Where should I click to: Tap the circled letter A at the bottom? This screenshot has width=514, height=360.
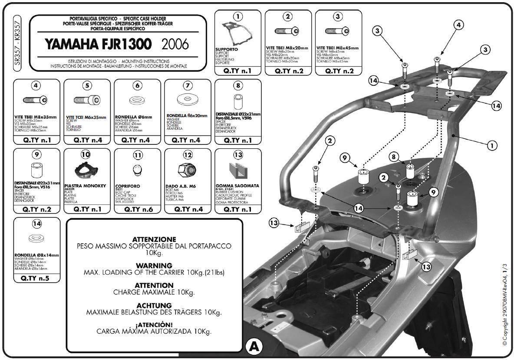click(x=254, y=347)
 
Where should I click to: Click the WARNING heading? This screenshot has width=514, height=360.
click(x=154, y=265)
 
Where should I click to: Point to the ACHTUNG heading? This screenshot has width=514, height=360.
click(x=154, y=305)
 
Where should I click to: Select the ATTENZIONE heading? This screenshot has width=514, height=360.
click(x=154, y=239)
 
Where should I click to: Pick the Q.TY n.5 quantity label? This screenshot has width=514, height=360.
click(x=36, y=278)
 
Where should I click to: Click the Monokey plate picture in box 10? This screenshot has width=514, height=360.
click(x=87, y=170)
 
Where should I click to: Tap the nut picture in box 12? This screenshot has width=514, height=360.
click(x=188, y=170)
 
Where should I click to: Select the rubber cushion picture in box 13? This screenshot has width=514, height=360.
click(x=238, y=170)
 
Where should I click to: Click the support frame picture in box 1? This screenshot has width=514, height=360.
click(x=237, y=32)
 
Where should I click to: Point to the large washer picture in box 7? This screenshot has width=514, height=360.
click(x=188, y=99)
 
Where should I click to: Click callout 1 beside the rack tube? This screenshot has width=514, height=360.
click(x=492, y=146)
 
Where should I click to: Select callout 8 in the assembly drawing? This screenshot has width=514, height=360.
click(x=394, y=156)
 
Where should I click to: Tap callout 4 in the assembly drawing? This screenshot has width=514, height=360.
click(x=458, y=25)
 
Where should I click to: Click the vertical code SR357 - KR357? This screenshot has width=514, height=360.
click(x=17, y=43)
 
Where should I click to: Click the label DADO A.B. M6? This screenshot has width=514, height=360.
click(x=181, y=186)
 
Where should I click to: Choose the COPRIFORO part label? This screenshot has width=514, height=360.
click(x=127, y=186)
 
